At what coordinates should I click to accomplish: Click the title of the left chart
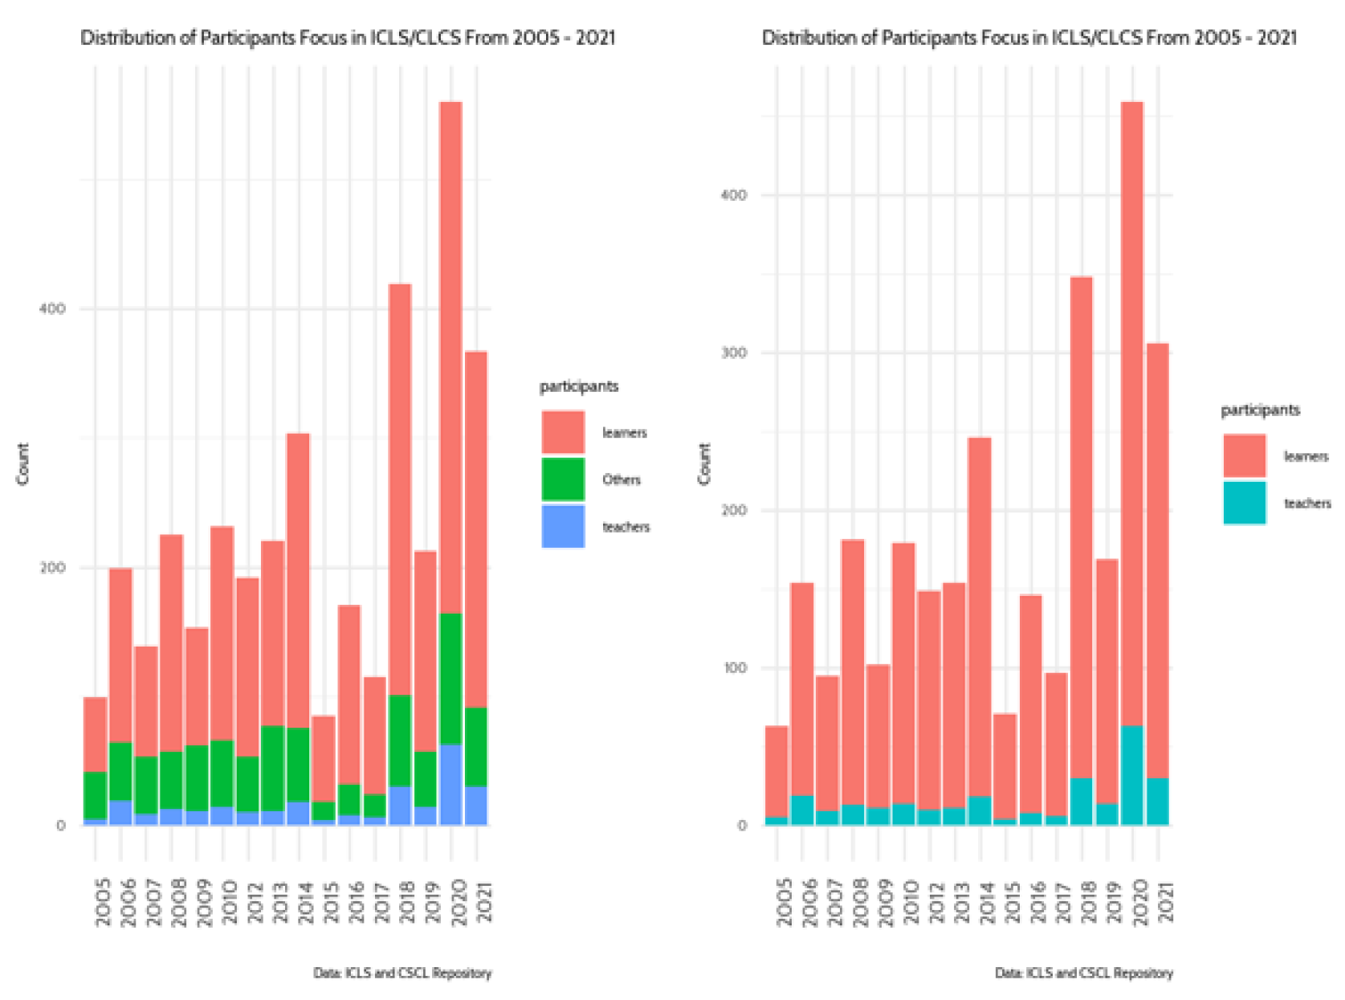tap(348, 38)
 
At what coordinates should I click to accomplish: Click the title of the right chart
tap(1029, 38)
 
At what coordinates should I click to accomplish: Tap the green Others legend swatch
tap(563, 480)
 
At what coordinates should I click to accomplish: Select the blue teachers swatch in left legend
tap(563, 527)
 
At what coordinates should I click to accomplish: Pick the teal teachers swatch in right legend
tap(1244, 503)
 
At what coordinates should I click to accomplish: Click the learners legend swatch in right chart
tap(1244, 455)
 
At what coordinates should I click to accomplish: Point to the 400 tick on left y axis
tap(52, 309)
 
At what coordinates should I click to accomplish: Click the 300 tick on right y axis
tap(734, 353)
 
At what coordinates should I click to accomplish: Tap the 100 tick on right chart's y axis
tap(734, 668)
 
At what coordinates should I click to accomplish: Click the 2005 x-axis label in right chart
tap(785, 903)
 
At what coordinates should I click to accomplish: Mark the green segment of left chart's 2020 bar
tap(450, 679)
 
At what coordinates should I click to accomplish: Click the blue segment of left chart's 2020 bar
tap(450, 785)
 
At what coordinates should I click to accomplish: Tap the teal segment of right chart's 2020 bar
tap(1132, 775)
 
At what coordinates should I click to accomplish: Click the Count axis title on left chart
tap(22, 463)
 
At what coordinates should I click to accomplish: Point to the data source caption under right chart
tap(1084, 973)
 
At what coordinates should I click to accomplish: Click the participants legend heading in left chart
tap(578, 386)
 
